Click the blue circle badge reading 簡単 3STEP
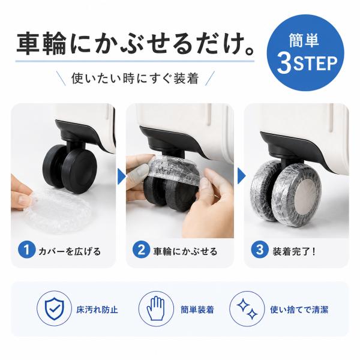pos(305,53)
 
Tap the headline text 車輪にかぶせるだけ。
pos(136,44)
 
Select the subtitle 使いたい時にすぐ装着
pos(135,78)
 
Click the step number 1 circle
pos(26,250)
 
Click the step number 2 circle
pos(141,250)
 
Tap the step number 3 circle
pos(260,250)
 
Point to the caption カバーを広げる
pos(70,251)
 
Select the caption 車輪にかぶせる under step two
pos(185,251)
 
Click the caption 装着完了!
pos(294,251)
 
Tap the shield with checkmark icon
pos(55,309)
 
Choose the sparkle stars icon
pos(247,309)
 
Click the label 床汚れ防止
pos(97,310)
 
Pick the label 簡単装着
pos(197,310)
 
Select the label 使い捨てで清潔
pos(299,310)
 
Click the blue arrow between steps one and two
pos(121,176)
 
